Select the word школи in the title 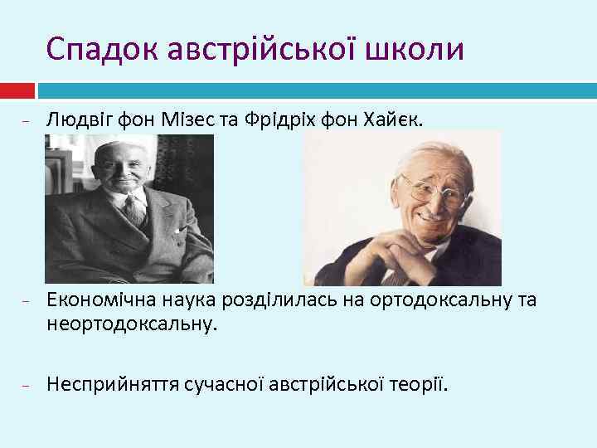click(417, 49)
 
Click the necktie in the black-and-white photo click(133, 208)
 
